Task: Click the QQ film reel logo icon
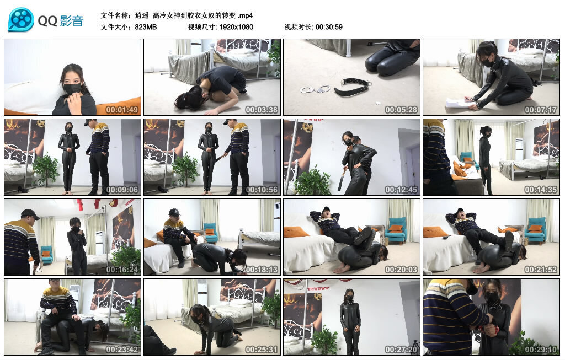[21, 20]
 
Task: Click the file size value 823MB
[146, 26]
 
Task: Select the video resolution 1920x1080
[236, 26]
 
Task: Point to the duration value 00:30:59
[329, 26]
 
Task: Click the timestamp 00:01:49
[122, 110]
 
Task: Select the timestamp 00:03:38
[262, 110]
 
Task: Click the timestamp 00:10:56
[262, 190]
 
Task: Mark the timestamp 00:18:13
[262, 270]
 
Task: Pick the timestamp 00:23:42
[122, 350]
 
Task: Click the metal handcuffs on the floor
[315, 88]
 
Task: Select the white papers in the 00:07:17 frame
[459, 103]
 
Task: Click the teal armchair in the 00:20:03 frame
[395, 227]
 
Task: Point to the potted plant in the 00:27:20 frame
[324, 339]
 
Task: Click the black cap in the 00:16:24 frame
[29, 214]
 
